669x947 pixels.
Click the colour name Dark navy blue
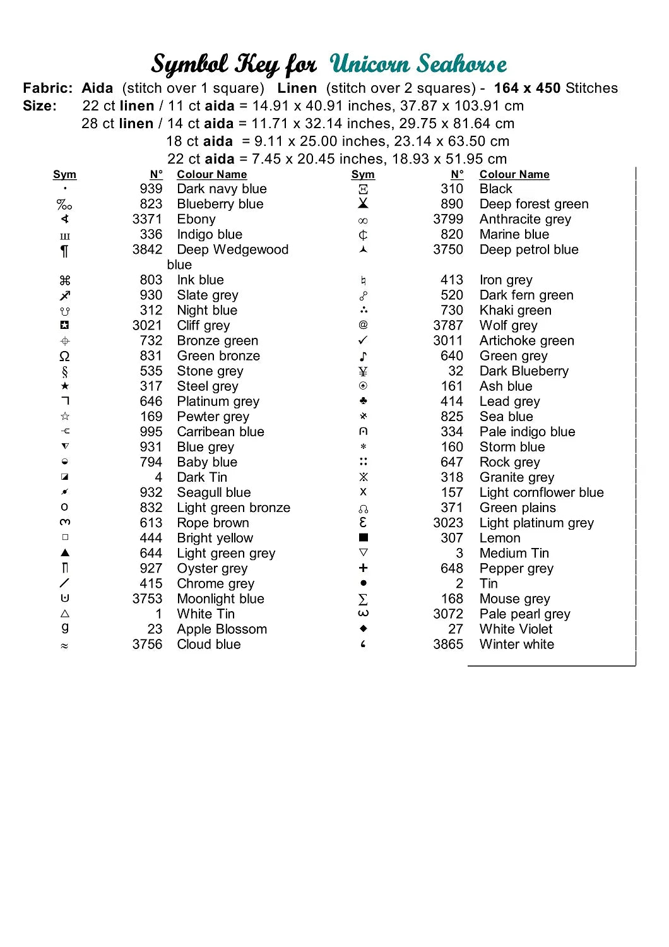tap(222, 189)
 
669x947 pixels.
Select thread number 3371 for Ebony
tap(147, 219)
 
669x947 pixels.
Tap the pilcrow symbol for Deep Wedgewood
tap(64, 251)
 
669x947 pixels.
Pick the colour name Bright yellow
tap(215, 538)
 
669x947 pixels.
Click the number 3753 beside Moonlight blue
tap(147, 599)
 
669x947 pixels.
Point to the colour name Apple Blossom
tap(222, 629)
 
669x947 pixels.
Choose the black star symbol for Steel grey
tap(65, 386)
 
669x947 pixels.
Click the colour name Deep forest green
tap(533, 204)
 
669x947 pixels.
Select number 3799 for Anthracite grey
tap(448, 219)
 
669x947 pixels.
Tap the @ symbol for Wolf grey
tap(363, 325)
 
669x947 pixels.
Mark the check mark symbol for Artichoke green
tap(363, 340)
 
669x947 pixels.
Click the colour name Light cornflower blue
tap(541, 492)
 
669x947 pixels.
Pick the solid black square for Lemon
tap(363, 538)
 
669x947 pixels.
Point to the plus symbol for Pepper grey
tap(363, 568)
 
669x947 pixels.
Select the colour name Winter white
tap(516, 644)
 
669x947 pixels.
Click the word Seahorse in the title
tap(462, 64)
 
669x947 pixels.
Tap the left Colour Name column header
tap(211, 174)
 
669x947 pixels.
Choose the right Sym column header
tap(363, 174)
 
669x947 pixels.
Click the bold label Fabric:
tap(48, 88)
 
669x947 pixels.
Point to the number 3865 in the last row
tap(448, 644)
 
